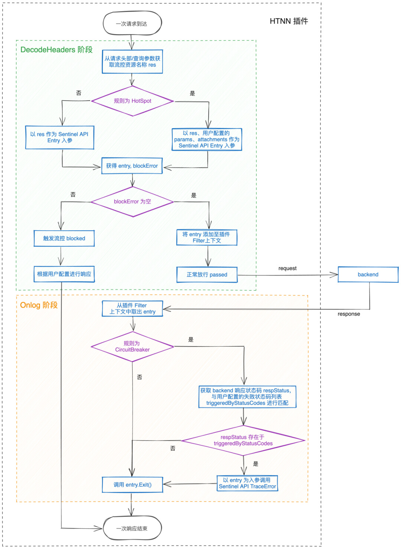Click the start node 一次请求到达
click(x=132, y=23)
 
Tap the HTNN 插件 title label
click(x=289, y=21)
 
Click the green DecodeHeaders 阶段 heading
click(x=56, y=49)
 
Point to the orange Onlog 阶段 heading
click(x=39, y=305)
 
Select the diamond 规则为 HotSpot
click(x=132, y=101)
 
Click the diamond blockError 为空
click(x=132, y=201)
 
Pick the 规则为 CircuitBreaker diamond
click(x=132, y=346)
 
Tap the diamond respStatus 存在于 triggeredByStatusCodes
click(x=243, y=441)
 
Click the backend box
click(x=368, y=274)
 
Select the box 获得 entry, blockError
click(x=132, y=166)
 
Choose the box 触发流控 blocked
click(x=64, y=238)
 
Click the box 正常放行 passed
click(x=207, y=274)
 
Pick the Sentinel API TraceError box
click(x=247, y=483)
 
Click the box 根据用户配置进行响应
click(x=64, y=274)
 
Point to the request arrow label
click(x=287, y=269)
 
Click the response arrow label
click(x=349, y=314)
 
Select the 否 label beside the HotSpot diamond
click(x=79, y=93)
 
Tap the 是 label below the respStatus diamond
click(x=256, y=464)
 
